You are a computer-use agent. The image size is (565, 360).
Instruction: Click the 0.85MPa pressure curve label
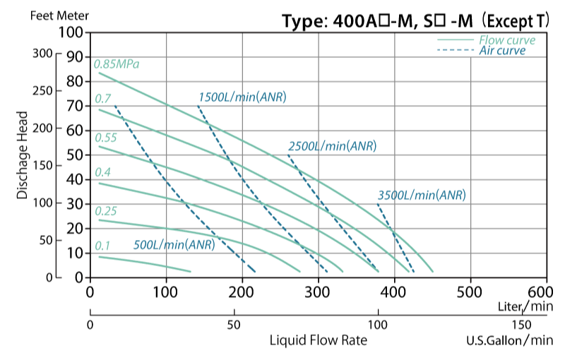coord(117,64)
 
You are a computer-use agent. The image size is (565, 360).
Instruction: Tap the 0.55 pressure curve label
coord(105,137)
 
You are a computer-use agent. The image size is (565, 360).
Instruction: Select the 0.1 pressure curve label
coord(102,246)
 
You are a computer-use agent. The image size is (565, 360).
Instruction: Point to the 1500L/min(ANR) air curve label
coord(242,97)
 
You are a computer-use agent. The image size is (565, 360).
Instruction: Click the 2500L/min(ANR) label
coord(332,146)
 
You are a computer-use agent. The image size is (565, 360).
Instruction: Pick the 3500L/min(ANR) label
coord(422,195)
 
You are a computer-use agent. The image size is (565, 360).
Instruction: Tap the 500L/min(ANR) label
coord(174,246)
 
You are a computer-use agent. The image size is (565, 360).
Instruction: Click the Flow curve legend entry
coord(506,40)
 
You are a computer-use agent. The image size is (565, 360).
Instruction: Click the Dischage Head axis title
coord(23,155)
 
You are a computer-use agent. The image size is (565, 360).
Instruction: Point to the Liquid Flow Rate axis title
coord(319,340)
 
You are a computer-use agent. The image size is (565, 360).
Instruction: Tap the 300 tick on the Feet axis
coord(44,54)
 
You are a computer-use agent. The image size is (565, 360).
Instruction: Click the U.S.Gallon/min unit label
coord(509,340)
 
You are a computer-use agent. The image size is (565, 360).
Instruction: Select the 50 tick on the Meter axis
coord(74,155)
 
